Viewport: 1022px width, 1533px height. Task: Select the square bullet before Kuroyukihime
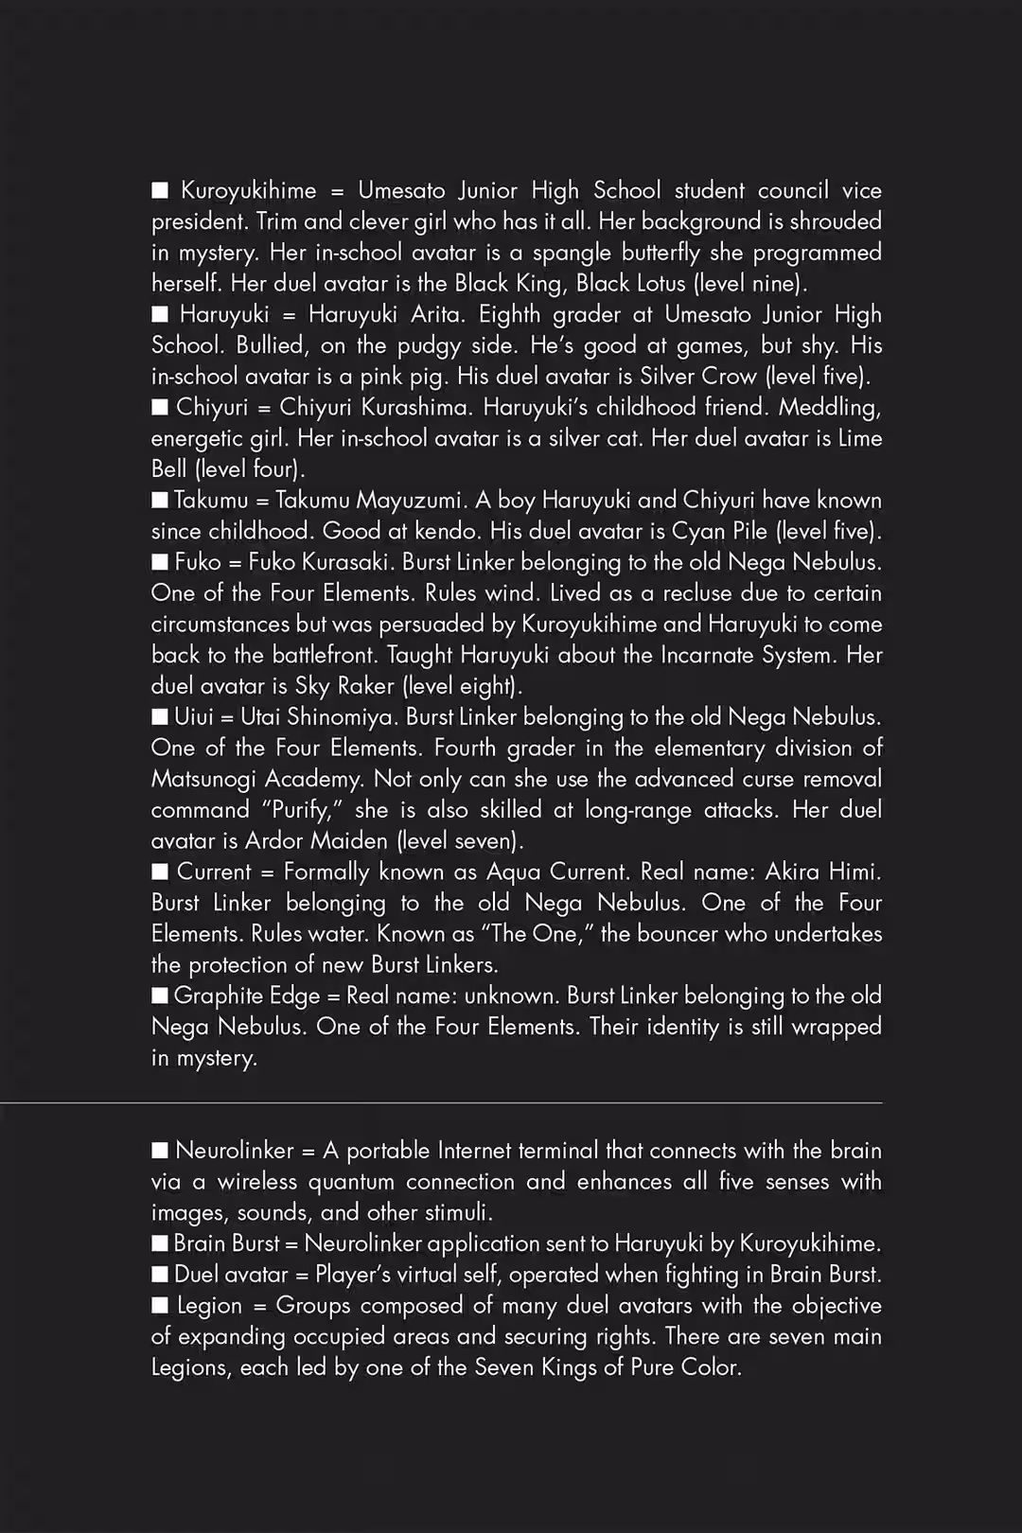[x=160, y=190]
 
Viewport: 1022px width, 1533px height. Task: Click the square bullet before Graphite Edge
[x=160, y=996]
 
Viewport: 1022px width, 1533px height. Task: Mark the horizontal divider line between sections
[x=441, y=1102]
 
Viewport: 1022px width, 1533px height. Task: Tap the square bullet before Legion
[x=160, y=1306]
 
